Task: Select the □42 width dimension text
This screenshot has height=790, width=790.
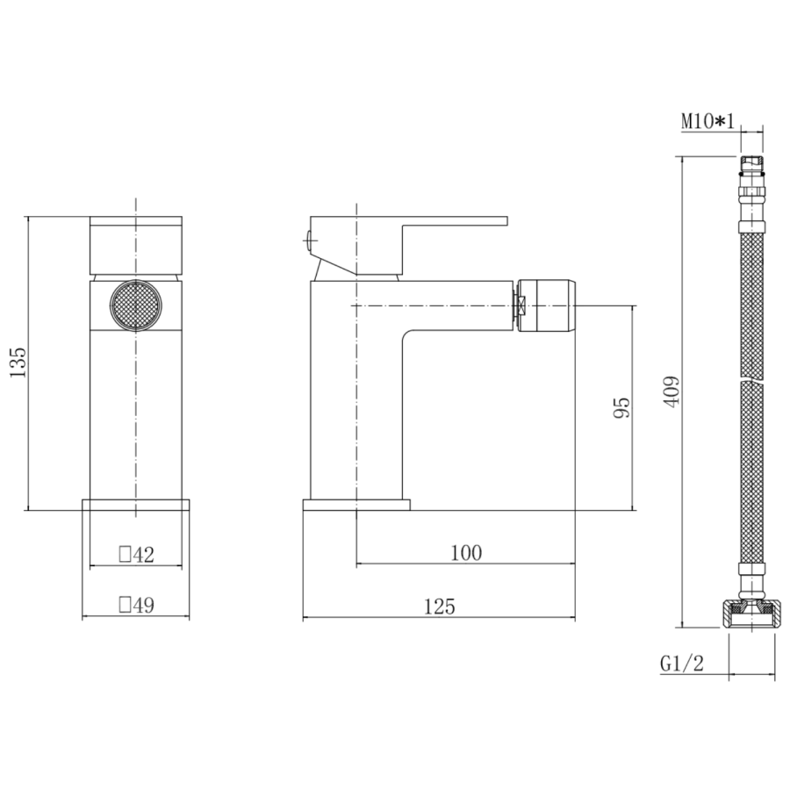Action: [136, 555]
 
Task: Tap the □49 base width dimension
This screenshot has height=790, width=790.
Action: [136, 606]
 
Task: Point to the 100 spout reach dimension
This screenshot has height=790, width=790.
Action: [465, 552]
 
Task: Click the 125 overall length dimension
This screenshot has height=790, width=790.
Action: [439, 606]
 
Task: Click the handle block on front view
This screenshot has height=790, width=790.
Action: [136, 246]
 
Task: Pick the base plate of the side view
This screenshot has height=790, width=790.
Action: [356, 506]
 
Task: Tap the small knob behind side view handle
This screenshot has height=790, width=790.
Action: [306, 235]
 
